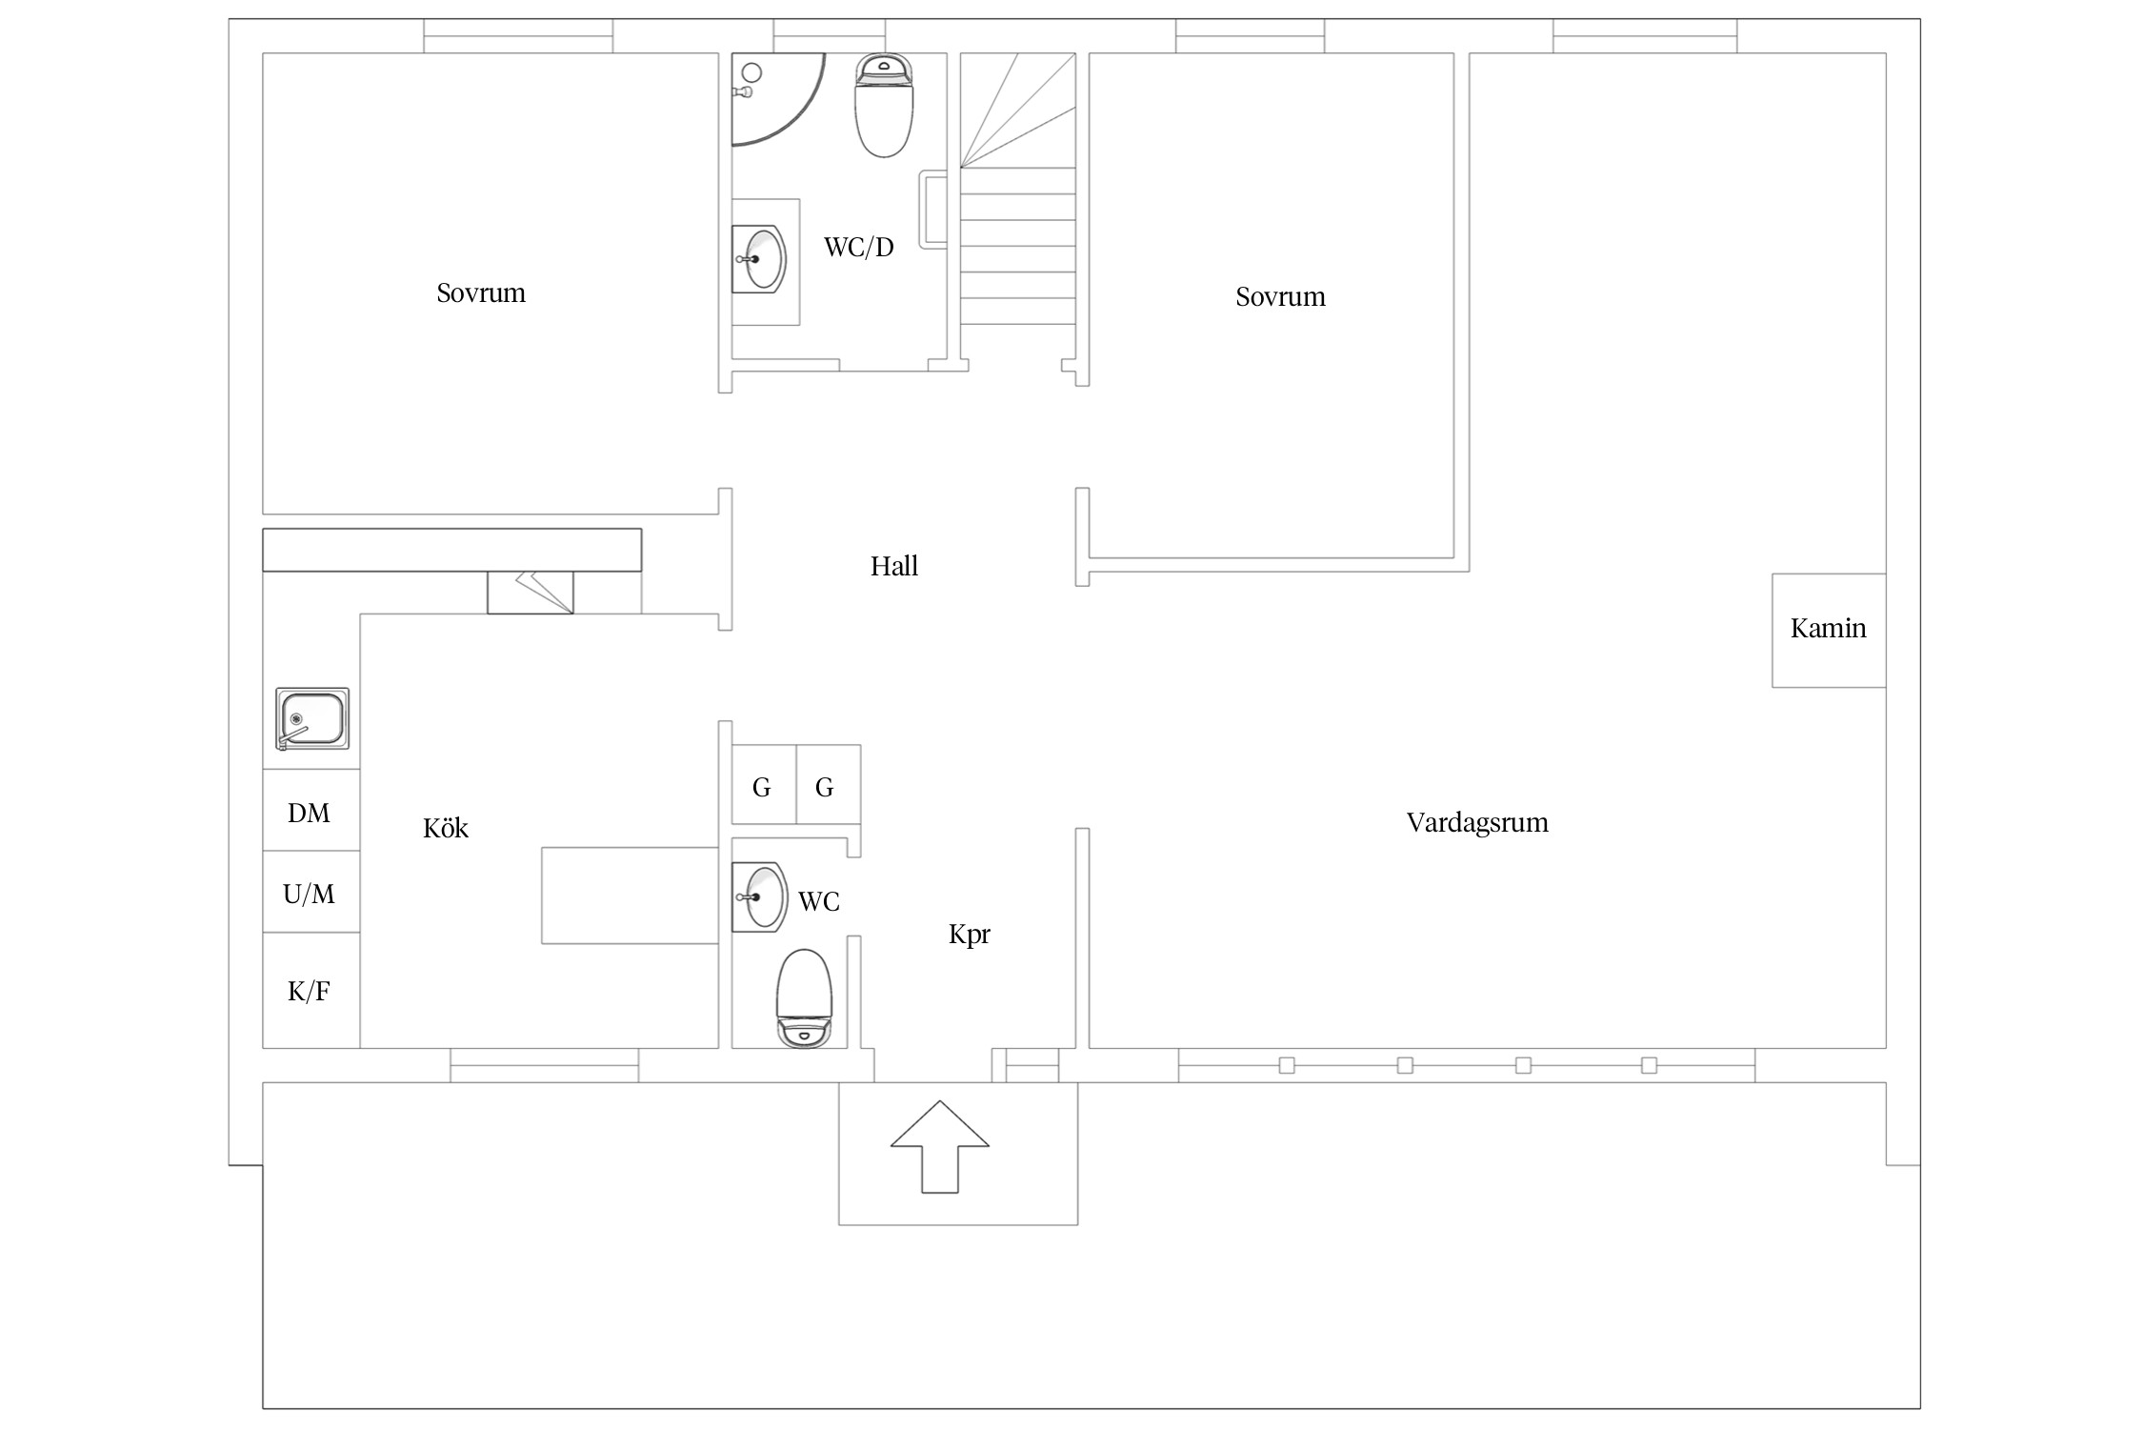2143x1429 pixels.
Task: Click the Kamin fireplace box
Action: [x=1829, y=630]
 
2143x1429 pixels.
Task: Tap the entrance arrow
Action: [x=940, y=1147]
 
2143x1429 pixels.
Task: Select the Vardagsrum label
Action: [x=1477, y=823]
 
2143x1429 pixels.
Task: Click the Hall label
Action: [x=894, y=566]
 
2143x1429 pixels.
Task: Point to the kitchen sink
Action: [x=312, y=719]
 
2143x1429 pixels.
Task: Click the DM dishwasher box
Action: [x=311, y=810]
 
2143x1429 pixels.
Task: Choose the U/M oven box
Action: [x=311, y=892]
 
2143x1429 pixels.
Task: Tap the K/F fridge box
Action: [x=311, y=991]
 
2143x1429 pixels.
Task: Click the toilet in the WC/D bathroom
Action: [x=885, y=105]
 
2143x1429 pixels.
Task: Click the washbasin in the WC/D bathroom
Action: [x=761, y=258]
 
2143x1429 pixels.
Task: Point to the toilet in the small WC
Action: [x=805, y=998]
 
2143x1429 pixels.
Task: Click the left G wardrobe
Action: [x=764, y=785]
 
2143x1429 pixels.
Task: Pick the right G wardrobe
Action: [x=829, y=785]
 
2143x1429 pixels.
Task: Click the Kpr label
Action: [x=970, y=935]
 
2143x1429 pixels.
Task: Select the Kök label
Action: [x=446, y=828]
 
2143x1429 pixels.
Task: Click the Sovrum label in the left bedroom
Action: [x=481, y=292]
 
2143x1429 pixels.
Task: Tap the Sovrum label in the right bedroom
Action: [x=1281, y=296]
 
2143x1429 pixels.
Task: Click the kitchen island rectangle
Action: [x=631, y=896]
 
